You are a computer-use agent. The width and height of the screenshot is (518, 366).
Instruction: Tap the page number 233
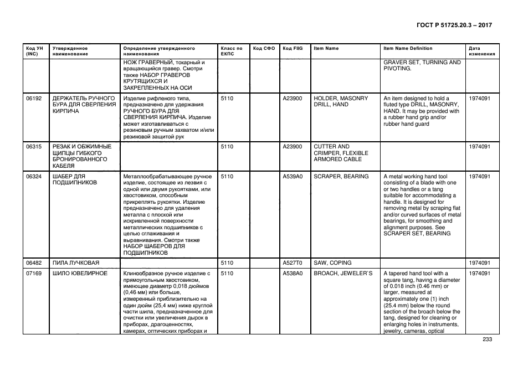coord(487,339)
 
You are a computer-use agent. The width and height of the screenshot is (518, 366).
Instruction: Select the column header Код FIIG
coord(291,48)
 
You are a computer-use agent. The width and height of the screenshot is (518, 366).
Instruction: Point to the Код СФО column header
coord(264,48)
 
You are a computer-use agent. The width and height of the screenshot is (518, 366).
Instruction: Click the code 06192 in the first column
coord(34,98)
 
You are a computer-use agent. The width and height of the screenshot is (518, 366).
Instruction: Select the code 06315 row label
coord(34,146)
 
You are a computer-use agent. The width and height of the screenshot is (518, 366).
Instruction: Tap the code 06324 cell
coord(34,176)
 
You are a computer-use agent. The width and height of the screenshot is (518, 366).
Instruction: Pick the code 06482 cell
coord(34,262)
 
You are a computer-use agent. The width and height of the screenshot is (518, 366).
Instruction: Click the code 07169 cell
coord(34,274)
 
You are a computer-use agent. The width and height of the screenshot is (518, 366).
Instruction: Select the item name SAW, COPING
coord(332,262)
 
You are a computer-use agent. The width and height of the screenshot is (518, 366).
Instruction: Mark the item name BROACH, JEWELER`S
coord(343,274)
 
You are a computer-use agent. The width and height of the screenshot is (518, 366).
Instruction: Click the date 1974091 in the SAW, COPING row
coord(480,262)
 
